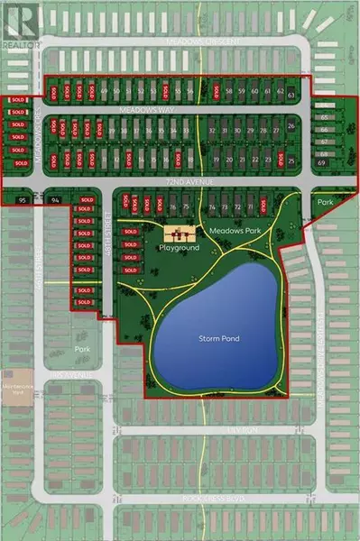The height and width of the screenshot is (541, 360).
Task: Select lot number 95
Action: pyautogui.click(x=23, y=199)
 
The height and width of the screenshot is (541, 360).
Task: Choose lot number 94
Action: pyautogui.click(x=55, y=199)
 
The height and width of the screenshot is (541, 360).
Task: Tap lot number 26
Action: pyautogui.click(x=291, y=126)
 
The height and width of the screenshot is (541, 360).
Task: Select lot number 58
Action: pyautogui.click(x=229, y=92)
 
